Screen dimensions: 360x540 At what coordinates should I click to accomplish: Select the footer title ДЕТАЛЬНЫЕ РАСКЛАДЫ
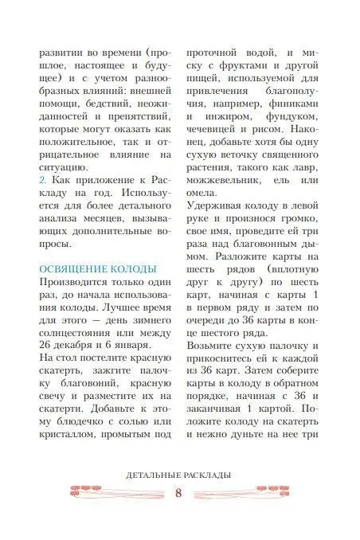pyautogui.click(x=179, y=475)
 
